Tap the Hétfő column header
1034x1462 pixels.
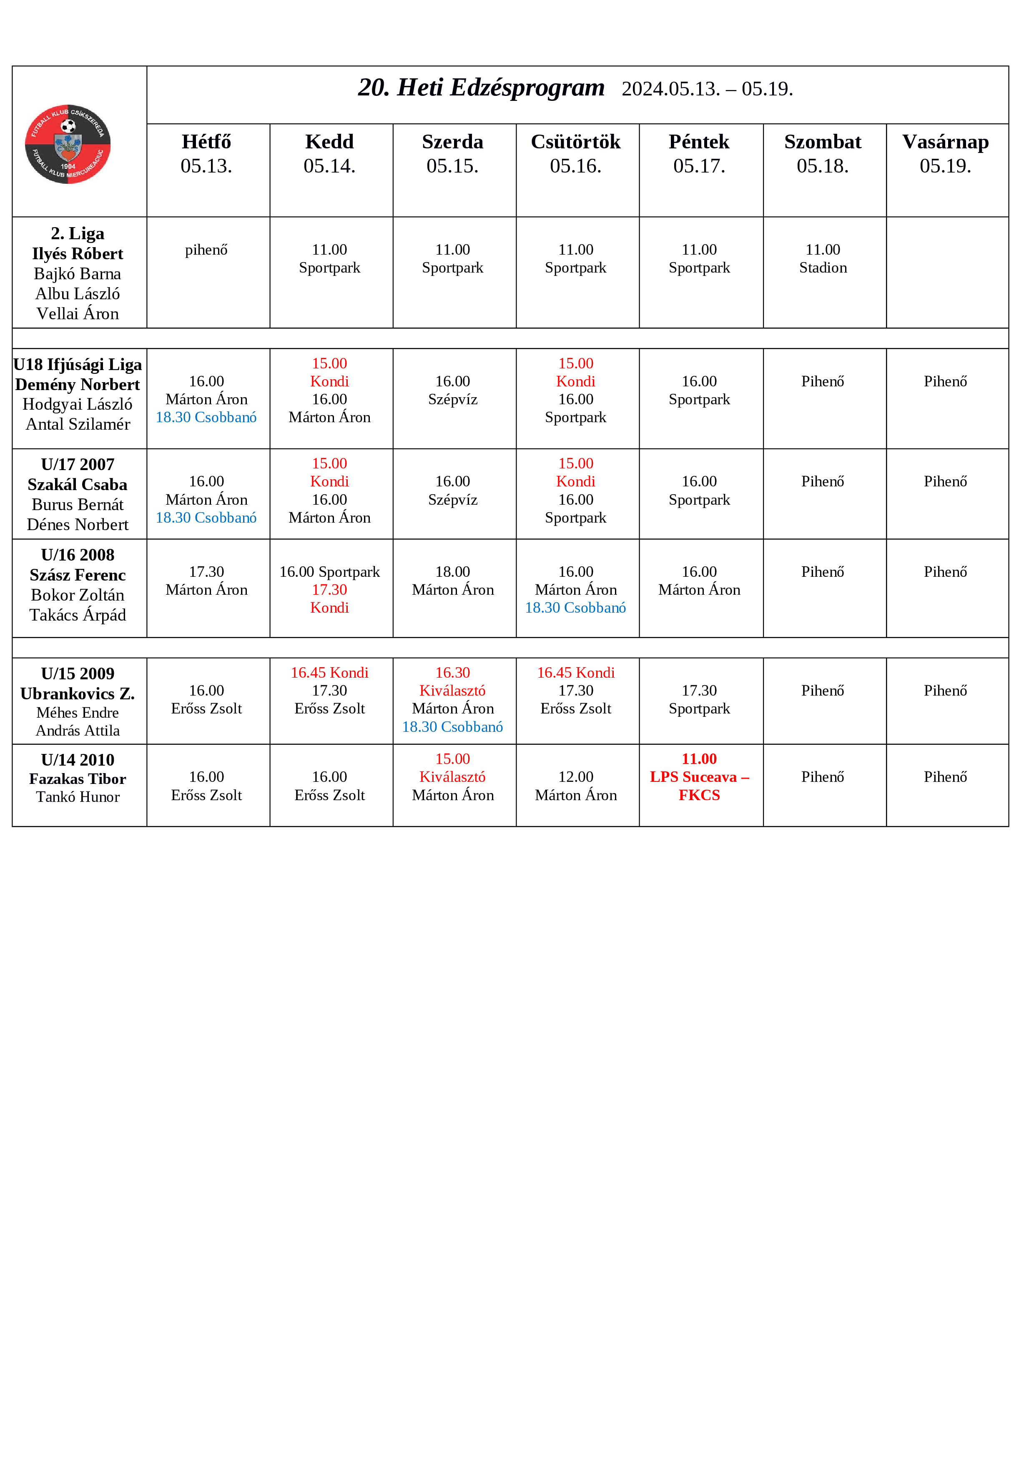(206, 153)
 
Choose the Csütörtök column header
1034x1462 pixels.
(575, 153)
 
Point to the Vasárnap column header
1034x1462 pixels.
(946, 153)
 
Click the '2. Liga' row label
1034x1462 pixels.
(78, 234)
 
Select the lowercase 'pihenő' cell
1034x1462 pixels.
(206, 250)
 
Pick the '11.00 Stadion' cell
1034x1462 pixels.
(823, 258)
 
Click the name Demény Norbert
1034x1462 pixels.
(78, 385)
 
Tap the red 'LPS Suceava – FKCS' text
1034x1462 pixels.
(699, 786)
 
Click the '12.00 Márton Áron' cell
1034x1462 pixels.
(575, 786)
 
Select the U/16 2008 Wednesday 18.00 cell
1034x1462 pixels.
(452, 581)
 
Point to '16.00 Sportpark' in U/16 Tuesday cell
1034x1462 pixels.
(329, 572)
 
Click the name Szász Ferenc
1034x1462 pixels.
(78, 575)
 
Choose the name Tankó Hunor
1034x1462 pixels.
(78, 797)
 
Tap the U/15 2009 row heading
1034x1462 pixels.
(78, 673)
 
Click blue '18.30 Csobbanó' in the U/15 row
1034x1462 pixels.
(452, 726)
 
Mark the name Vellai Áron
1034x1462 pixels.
(78, 314)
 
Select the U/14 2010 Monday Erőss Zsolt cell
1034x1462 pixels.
(206, 786)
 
